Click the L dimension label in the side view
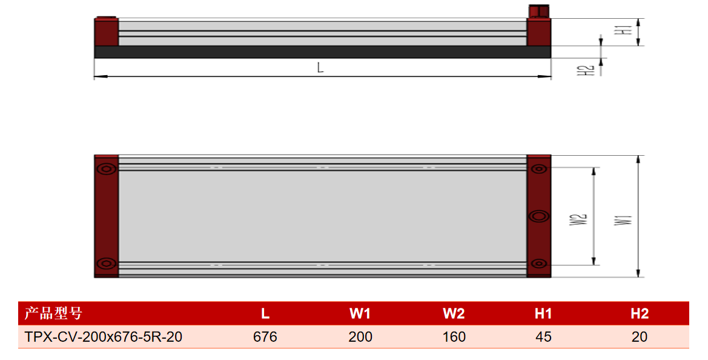pos(320,68)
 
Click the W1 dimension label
pos(623,219)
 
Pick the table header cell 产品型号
pos(53,313)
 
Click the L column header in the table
pos(265,313)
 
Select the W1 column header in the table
pos(360,313)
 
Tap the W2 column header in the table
pos(454,313)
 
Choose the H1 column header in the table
pos(543,313)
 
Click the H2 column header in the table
pos(640,313)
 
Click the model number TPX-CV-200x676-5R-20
pos(104,337)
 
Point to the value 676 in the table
pos(265,337)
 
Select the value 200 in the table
pos(360,337)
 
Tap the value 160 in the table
pos(454,337)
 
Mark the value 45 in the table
pos(543,337)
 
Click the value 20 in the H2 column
pos(640,337)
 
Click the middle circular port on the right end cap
pos(538,216)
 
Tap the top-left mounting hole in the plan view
pos(107,169)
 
